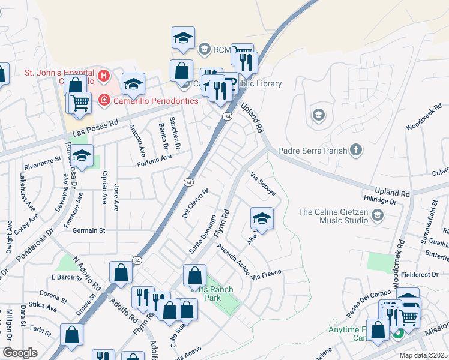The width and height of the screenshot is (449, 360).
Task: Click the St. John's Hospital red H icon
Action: (104, 76)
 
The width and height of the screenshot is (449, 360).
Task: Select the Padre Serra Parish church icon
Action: (356, 149)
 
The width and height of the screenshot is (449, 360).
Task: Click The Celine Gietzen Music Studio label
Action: (333, 215)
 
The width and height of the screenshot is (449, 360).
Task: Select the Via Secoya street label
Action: (262, 185)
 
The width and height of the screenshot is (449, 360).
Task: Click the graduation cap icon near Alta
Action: (262, 218)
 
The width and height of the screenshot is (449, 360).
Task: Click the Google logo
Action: (20, 353)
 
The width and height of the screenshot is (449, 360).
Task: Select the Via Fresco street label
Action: (266, 275)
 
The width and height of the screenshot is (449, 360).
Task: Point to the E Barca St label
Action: (66, 277)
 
